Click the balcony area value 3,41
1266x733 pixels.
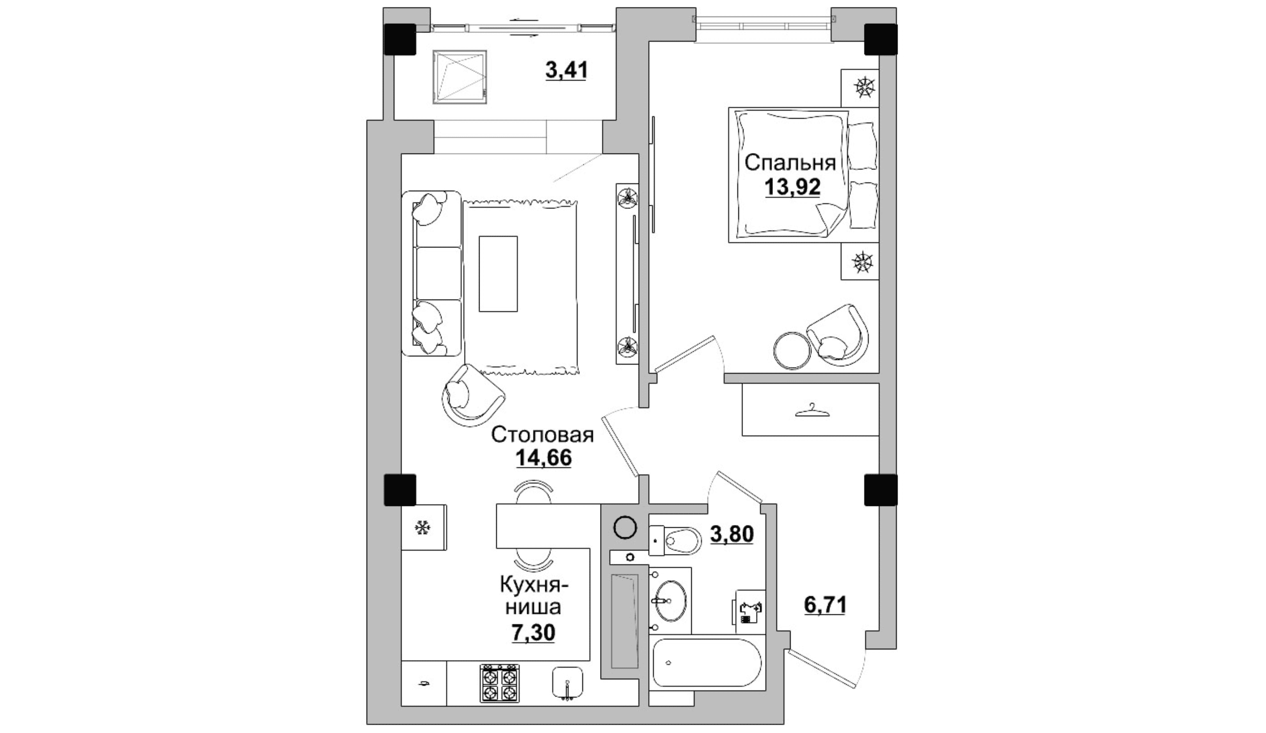(566, 70)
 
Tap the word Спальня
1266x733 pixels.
(790, 163)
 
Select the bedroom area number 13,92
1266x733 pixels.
(792, 187)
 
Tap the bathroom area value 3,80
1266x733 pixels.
(731, 534)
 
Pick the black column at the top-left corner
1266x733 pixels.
(400, 39)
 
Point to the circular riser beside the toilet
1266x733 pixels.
(625, 528)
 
